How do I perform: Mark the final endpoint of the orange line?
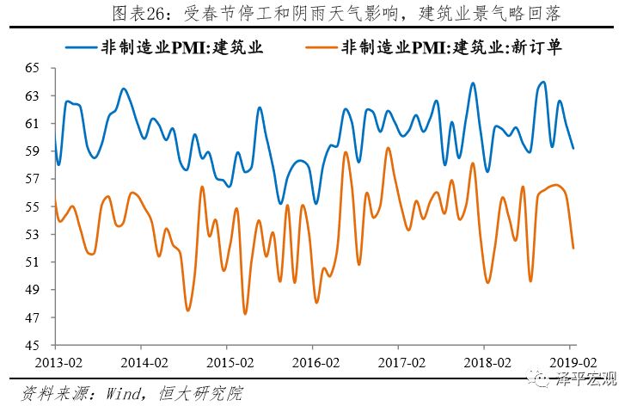pyautogui.click(x=573, y=248)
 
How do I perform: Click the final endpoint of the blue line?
pyautogui.click(x=573, y=148)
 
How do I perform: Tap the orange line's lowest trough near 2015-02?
pyautogui.click(x=245, y=313)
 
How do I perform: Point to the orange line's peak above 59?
pyautogui.click(x=388, y=148)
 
